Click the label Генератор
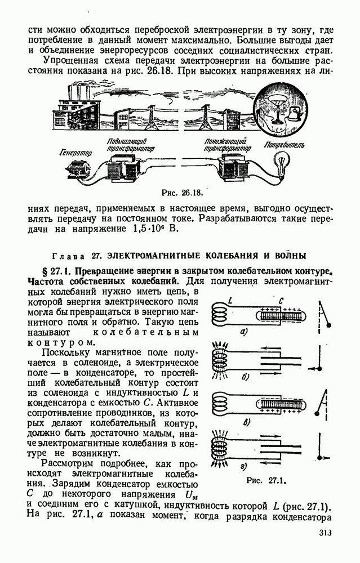75,152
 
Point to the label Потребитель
285,145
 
